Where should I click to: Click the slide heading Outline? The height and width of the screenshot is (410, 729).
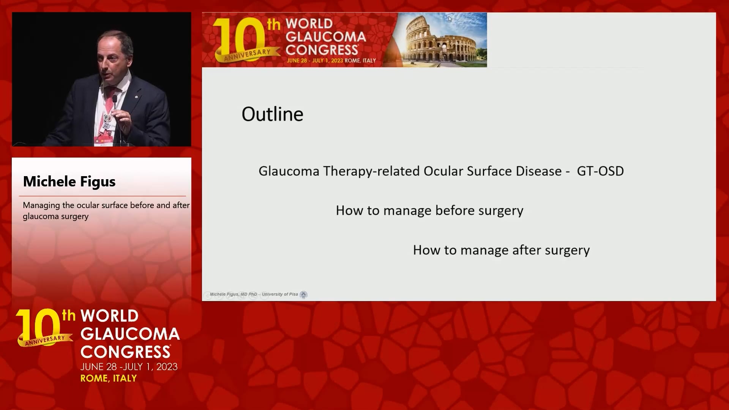(272, 114)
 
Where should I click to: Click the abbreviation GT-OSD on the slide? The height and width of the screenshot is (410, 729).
(600, 171)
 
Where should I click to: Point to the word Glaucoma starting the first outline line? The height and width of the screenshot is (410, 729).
(289, 171)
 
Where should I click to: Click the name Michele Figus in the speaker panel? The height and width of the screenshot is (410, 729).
(69, 181)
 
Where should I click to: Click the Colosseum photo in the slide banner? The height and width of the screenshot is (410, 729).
(440, 40)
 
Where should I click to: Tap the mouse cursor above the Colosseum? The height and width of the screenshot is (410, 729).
(450, 19)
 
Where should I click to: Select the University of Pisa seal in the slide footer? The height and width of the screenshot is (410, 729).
(303, 295)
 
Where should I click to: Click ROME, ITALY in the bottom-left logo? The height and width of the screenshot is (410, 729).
(109, 378)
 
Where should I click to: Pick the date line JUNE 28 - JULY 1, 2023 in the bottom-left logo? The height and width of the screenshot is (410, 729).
(129, 367)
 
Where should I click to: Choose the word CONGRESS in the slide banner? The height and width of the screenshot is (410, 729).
(322, 50)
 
